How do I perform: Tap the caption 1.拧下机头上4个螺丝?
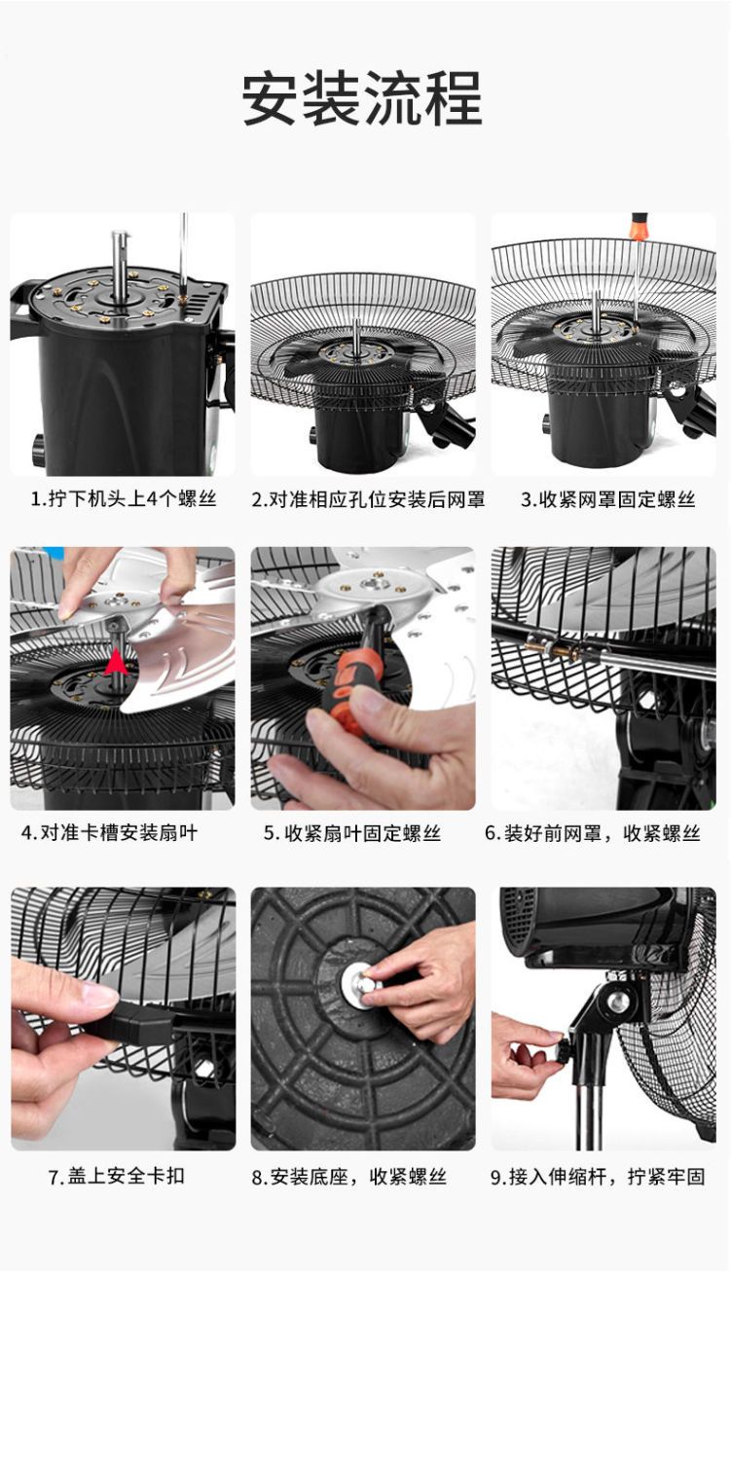(124, 499)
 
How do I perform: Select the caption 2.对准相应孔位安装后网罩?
(369, 500)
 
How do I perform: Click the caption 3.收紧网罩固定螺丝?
(608, 500)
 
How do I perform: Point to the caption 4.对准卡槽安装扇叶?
(109, 832)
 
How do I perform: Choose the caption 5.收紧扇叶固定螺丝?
(352, 833)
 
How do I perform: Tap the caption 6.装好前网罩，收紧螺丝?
(593, 833)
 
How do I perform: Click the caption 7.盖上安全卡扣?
(117, 1176)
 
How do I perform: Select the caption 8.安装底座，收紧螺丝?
(349, 1177)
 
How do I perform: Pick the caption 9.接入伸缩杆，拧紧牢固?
(598, 1177)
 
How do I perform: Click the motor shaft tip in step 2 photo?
(355, 322)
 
